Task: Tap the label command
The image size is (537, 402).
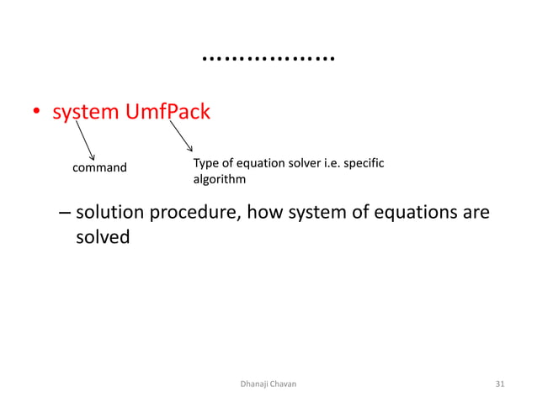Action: tap(100, 167)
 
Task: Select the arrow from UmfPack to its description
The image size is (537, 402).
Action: tap(181, 136)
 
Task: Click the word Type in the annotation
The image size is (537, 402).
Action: tap(206, 162)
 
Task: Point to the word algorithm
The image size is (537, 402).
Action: tap(220, 179)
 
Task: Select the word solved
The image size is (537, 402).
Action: tap(103, 238)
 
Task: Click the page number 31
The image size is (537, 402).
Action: tap(501, 383)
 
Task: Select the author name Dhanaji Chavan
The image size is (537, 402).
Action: tap(268, 383)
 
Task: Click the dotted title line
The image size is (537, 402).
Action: tap(268, 59)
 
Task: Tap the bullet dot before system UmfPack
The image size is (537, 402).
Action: tap(36, 114)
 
